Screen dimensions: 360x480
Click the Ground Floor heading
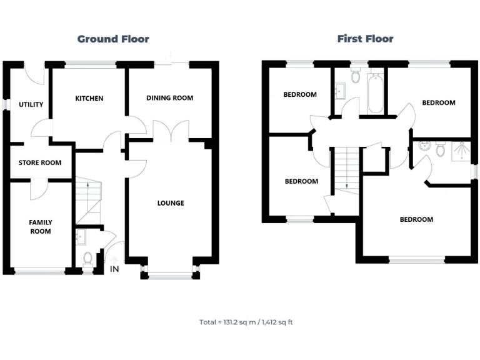113,39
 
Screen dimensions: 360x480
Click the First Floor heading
365,39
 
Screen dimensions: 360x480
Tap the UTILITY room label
31,104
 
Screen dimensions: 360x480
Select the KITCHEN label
89,98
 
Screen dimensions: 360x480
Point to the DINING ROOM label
169,98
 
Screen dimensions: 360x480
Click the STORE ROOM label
40,163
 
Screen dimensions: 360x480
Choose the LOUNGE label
170,202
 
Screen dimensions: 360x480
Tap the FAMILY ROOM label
40,226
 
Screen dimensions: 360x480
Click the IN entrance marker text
114,269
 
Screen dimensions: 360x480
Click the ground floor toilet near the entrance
87,257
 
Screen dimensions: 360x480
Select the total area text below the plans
246,322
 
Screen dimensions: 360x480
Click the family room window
40,271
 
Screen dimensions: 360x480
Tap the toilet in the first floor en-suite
440,149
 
